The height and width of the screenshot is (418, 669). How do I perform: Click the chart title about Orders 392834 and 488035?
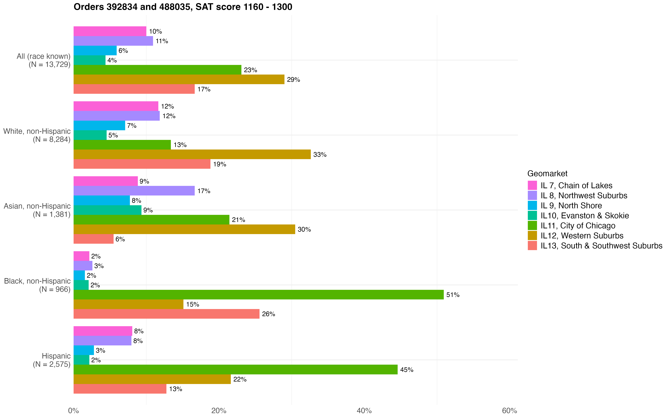tap(183, 7)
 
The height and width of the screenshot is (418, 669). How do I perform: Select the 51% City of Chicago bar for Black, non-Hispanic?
tap(259, 295)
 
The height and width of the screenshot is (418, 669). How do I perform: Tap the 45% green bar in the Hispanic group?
tap(235, 370)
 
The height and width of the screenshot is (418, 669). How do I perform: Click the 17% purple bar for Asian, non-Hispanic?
tap(134, 191)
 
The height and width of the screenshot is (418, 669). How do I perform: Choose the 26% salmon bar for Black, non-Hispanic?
tap(166, 314)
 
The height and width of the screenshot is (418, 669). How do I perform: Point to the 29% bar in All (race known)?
tap(179, 79)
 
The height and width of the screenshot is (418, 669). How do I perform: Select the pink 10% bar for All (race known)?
tap(110, 31)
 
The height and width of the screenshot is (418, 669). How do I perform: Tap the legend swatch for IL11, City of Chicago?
tap(532, 226)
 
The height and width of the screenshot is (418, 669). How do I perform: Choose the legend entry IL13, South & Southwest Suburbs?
tap(601, 246)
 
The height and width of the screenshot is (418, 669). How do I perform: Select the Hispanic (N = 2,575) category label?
tap(52, 360)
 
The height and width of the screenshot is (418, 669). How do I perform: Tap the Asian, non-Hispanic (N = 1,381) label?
tap(37, 210)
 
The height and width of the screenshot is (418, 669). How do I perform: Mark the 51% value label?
tap(453, 295)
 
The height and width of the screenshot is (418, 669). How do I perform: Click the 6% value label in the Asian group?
tap(120, 239)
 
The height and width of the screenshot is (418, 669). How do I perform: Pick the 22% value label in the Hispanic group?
tap(240, 379)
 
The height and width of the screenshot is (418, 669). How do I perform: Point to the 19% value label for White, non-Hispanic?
tap(220, 164)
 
